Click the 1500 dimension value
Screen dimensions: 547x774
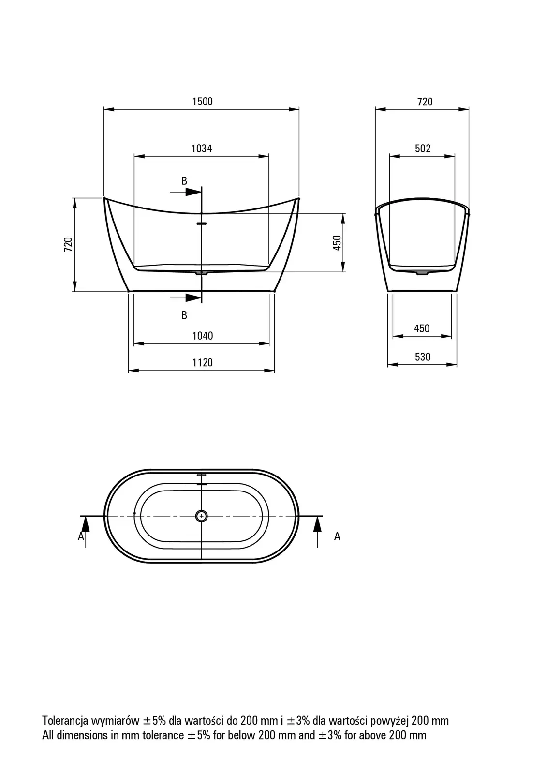tap(203, 102)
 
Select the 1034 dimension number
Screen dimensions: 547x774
tap(202, 149)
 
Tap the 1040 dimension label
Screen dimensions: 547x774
tap(203, 336)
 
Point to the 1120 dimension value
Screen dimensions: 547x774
tap(203, 362)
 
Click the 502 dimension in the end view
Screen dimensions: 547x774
tap(423, 149)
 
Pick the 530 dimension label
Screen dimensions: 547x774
tap(423, 357)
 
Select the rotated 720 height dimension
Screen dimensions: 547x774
tap(68, 244)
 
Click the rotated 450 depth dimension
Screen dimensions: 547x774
tap(337, 242)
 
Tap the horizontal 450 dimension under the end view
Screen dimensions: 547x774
tap(422, 328)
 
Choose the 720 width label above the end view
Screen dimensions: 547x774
tap(425, 102)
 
